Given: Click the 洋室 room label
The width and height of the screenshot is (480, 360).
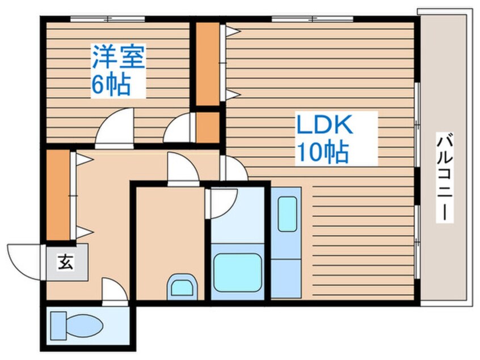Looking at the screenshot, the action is pos(119,57).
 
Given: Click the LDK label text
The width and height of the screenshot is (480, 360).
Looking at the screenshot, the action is pos(325,124).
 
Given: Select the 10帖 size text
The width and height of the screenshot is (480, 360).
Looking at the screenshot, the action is pos(322,152).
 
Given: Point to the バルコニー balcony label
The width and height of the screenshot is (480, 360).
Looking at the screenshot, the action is pos(444,177).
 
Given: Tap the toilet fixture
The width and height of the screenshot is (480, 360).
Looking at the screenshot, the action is pos(77,325).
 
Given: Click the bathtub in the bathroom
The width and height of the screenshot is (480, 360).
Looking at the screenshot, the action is pos(238,273).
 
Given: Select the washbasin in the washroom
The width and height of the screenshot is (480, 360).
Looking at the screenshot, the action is pos(182,287).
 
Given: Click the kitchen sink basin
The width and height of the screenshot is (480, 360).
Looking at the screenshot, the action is pos(288,214).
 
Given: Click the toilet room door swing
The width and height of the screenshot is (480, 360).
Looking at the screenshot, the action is pos(115,291).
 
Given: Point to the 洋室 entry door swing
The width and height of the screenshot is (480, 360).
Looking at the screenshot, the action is pos(115,127).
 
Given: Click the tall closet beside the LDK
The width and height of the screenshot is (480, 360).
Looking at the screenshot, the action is pos(208,64).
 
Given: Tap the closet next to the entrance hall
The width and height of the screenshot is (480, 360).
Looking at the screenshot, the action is pos(58,195).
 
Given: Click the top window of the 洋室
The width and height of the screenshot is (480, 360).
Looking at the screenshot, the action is pos(107,19).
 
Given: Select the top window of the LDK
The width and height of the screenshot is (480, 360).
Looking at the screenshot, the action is pos(312,19).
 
